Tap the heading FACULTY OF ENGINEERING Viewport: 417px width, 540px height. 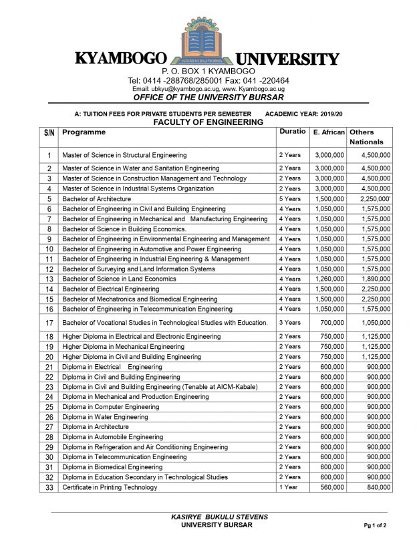(208, 123)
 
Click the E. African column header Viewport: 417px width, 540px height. (328, 132)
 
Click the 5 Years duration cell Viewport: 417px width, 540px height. (289, 198)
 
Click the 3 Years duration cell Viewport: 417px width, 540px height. (289, 323)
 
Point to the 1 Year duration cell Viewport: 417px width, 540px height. (288, 487)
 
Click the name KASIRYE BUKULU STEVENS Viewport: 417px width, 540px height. (208, 517)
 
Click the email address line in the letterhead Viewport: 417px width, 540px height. (208, 89)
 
